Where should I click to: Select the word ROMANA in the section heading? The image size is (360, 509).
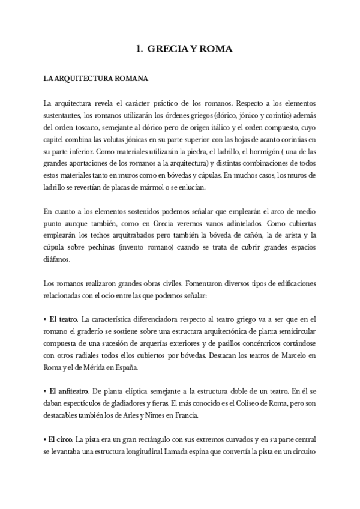[x=128, y=78]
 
